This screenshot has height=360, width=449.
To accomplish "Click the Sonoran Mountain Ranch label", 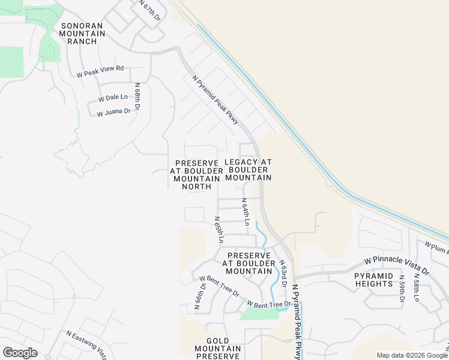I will (83, 34).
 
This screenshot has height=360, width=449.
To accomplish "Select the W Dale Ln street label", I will (112, 97).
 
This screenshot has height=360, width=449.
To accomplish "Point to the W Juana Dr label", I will (113, 112).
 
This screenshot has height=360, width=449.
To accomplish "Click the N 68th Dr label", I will (137, 97).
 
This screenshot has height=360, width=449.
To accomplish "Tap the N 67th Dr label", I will (150, 11).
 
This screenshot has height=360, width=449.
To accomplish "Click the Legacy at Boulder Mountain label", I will (249, 170).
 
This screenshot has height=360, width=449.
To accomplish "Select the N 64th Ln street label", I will (246, 212).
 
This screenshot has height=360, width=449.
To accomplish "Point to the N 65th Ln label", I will (220, 230).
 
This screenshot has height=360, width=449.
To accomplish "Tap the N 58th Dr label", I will (416, 289).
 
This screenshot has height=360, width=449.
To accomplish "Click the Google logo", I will (20, 353).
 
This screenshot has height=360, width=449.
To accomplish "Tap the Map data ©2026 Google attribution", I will (412, 355).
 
